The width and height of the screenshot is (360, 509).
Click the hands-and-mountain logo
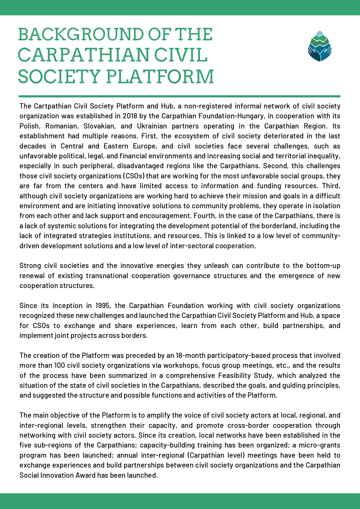319,46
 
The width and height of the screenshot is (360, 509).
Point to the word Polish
29,126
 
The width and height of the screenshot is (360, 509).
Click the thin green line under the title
179,96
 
